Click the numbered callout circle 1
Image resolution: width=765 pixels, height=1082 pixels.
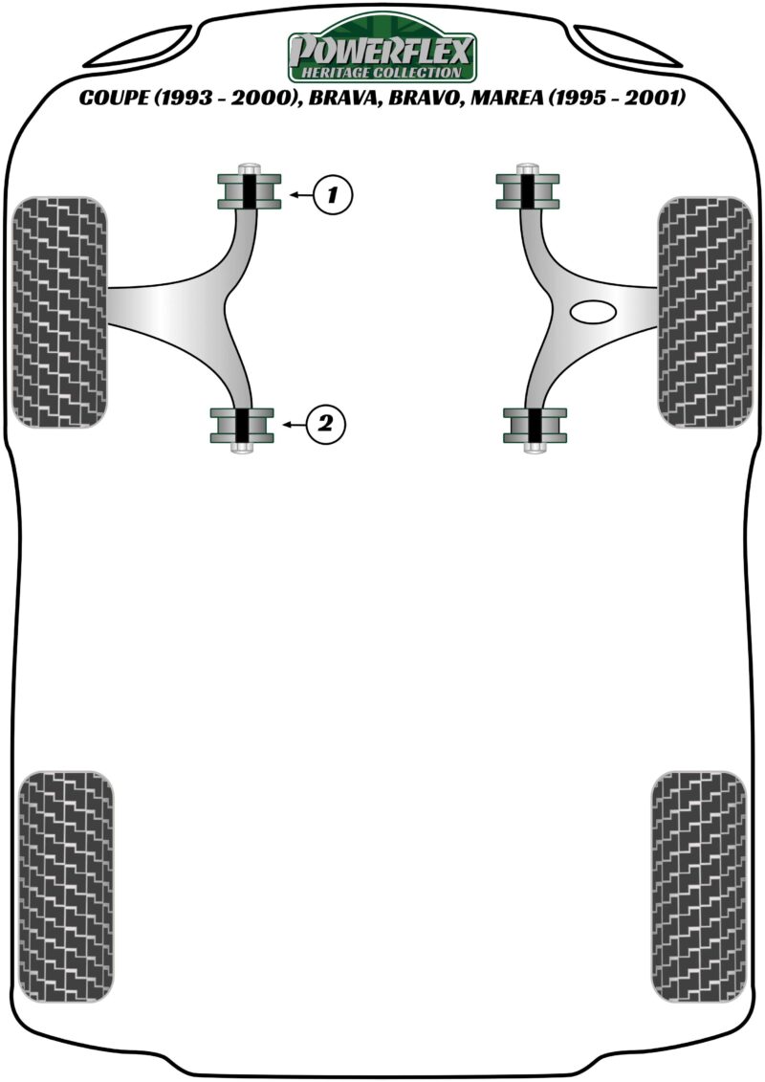(332, 195)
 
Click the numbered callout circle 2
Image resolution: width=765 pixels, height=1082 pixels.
(325, 423)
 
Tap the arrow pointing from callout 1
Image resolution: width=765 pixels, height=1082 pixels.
(301, 195)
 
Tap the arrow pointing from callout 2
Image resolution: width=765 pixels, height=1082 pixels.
(295, 424)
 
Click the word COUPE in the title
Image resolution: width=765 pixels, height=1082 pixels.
(113, 98)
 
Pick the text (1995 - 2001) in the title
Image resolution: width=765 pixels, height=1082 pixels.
(617, 98)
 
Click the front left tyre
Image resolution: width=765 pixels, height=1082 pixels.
(60, 312)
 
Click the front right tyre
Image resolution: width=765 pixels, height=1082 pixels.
(705, 312)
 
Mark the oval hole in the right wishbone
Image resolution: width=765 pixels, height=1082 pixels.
(593, 312)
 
